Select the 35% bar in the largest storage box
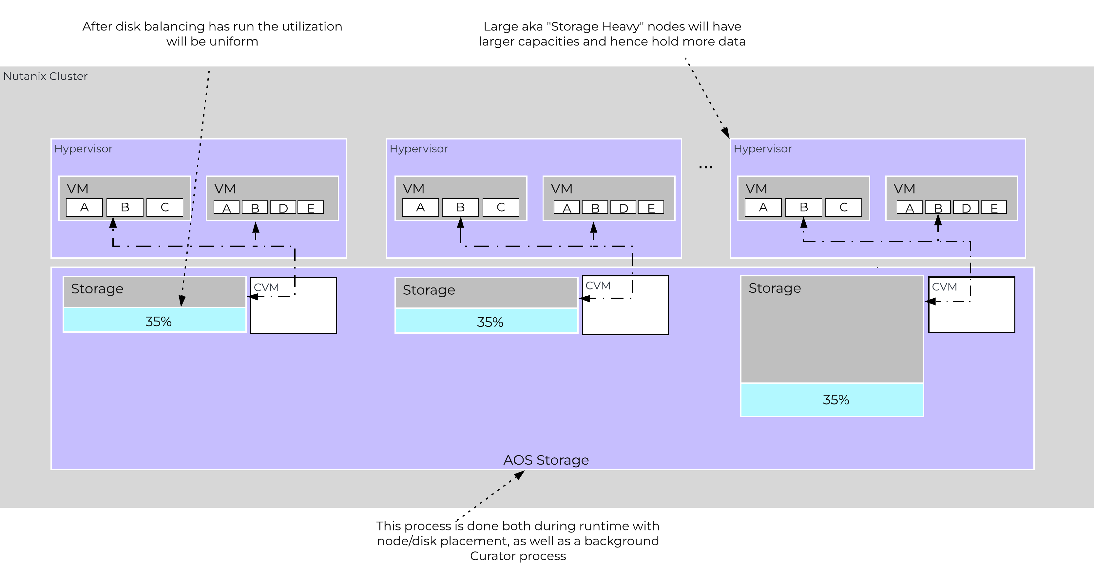click(x=832, y=400)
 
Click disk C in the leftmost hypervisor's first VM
click(x=165, y=208)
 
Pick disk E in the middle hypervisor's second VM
click(x=651, y=208)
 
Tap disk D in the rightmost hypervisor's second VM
click(x=966, y=208)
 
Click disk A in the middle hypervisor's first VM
click(x=420, y=208)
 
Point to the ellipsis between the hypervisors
click(x=705, y=168)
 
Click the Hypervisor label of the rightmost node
click(x=762, y=149)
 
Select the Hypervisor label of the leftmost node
click(x=83, y=149)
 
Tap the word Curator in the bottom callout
click(x=493, y=556)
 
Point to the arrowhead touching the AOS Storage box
click(x=520, y=474)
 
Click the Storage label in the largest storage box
click(x=774, y=288)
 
